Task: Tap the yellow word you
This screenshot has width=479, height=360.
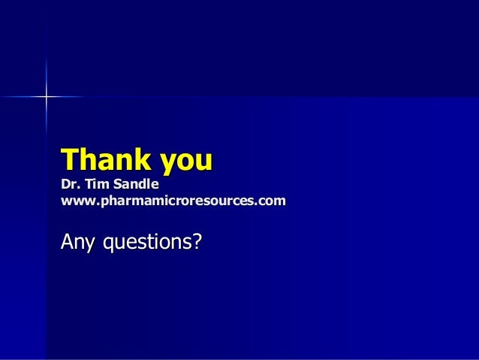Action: click(187, 162)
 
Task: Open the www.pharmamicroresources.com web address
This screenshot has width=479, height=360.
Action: click(173, 201)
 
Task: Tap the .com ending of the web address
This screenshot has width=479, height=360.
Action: click(272, 201)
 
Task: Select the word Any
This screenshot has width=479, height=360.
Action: click(77, 243)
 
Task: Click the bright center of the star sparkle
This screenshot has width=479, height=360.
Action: click(46, 96)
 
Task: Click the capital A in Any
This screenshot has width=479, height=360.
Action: click(68, 242)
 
